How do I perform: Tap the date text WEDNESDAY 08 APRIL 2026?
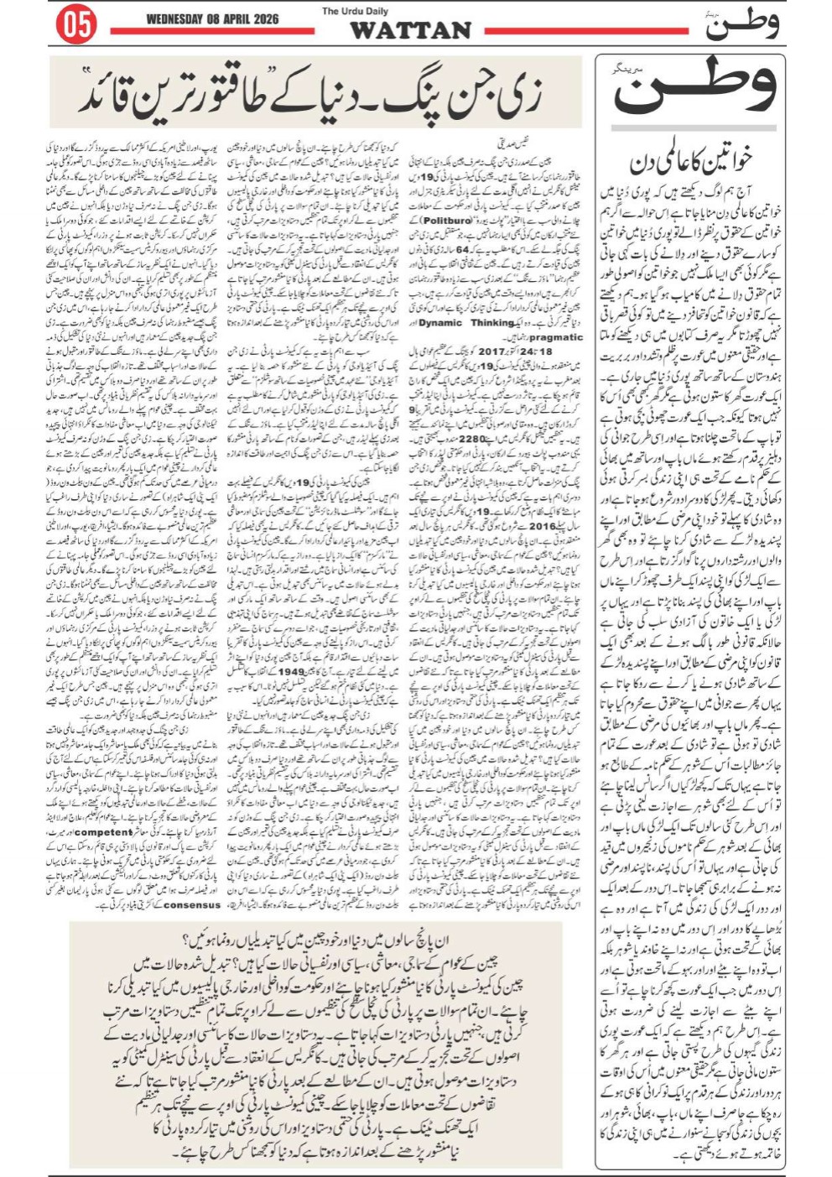tap(211, 19)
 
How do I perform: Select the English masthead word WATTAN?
tap(410, 31)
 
